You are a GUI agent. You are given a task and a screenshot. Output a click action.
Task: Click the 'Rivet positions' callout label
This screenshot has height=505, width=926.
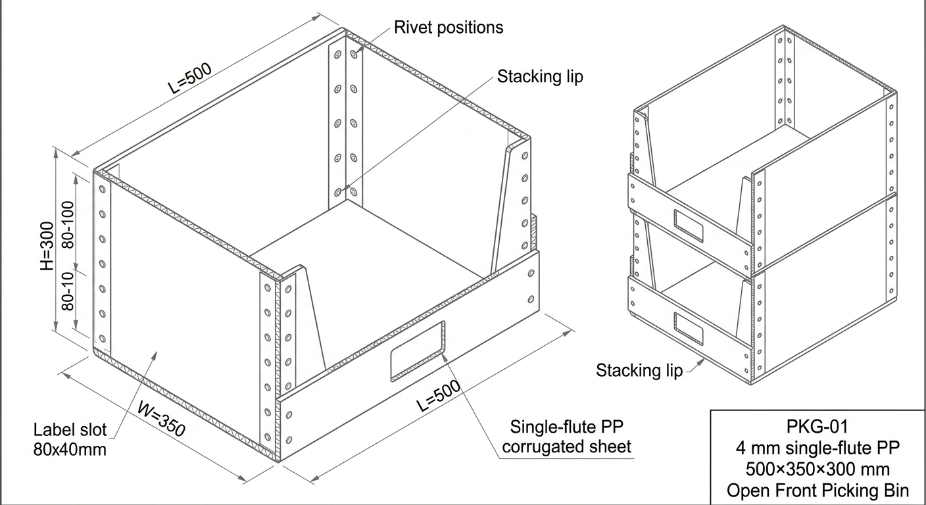[449, 27]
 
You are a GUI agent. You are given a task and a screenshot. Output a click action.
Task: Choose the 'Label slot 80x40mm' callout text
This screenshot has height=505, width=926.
[70, 440]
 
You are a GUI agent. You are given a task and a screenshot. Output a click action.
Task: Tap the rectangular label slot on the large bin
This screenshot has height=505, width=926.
[417, 350]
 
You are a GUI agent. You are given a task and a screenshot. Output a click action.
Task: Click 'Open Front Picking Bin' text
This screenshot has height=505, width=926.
[818, 490]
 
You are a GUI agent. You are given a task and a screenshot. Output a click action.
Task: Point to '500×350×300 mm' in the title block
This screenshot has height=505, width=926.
[818, 469]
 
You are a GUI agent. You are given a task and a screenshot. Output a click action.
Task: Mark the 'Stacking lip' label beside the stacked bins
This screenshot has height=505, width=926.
[640, 370]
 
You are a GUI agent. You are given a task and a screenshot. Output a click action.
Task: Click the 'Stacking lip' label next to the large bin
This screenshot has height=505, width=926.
[539, 76]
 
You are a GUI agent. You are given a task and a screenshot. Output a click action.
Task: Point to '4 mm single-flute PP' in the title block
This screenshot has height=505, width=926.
[818, 448]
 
